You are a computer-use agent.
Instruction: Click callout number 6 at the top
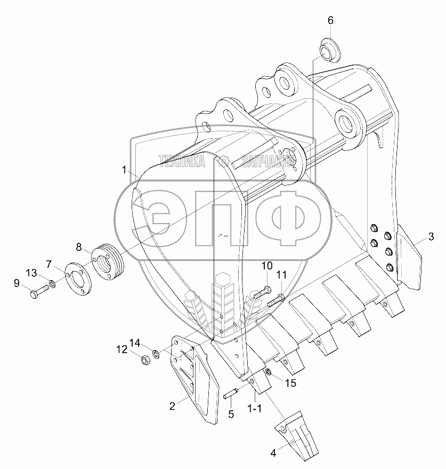click(330, 20)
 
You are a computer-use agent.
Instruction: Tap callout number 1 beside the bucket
click(124, 170)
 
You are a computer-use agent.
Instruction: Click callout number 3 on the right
click(431, 236)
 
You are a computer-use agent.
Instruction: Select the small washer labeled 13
click(52, 283)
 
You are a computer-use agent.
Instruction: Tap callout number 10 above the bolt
click(267, 266)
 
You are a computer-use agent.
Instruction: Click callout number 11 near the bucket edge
click(281, 275)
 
